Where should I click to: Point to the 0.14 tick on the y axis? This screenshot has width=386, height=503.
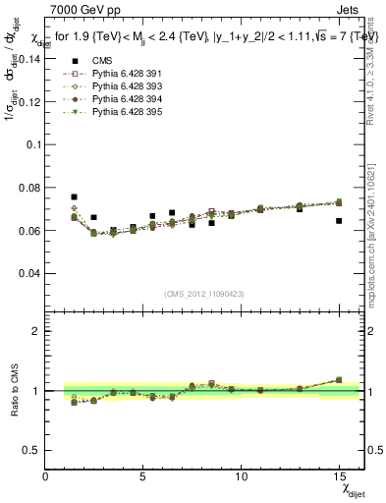pyautogui.click(x=28, y=58)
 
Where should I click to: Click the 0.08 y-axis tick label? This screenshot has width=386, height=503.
pyautogui.click(x=28, y=187)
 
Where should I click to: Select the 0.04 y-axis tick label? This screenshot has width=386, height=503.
pyautogui.click(x=28, y=272)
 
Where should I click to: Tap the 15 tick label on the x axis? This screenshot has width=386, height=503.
pyautogui.click(x=339, y=476)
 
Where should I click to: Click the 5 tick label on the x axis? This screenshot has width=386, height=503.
pyautogui.click(x=143, y=476)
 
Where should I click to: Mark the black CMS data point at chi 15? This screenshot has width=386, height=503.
pyautogui.click(x=339, y=221)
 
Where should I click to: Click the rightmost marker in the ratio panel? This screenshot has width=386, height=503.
pyautogui.click(x=339, y=380)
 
